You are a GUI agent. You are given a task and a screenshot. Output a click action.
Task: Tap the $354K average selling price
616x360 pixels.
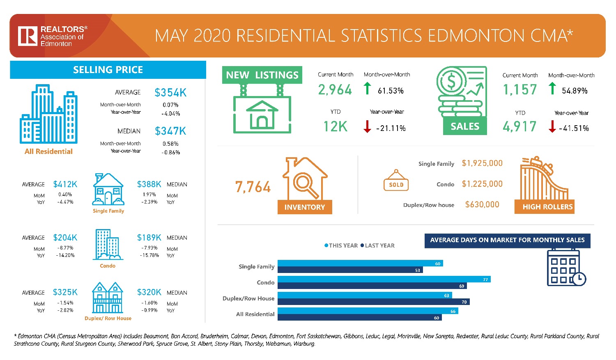coord(170,93)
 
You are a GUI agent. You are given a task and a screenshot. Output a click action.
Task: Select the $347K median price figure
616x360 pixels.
coord(170,131)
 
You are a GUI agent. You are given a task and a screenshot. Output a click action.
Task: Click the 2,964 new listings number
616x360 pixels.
coord(335,90)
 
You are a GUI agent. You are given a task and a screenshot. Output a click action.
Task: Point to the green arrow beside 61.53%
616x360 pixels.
coord(368,88)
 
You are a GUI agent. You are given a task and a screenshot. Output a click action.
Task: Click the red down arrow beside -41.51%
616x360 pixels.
coord(552,126)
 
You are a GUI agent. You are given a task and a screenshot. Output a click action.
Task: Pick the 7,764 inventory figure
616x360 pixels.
coord(253,187)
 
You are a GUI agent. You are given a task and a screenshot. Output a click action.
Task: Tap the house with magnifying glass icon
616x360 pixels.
coord(305,179)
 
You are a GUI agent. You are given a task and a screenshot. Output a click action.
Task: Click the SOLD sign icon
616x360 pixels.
coord(396,181)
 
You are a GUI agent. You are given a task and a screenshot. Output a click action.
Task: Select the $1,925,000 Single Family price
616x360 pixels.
coord(482,163)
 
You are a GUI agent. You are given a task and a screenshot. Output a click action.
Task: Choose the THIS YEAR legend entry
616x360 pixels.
coord(341,245)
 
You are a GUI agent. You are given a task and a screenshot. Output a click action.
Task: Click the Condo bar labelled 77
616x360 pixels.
coord(384,279)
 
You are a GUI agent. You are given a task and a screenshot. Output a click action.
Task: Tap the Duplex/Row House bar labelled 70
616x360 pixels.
coord(373,302)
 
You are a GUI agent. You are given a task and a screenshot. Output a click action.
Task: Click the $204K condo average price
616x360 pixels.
coord(65,238)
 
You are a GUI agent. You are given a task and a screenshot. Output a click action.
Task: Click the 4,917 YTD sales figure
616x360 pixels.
coord(519,127)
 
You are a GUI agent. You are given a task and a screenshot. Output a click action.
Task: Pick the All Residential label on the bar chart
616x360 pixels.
coord(255,314)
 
